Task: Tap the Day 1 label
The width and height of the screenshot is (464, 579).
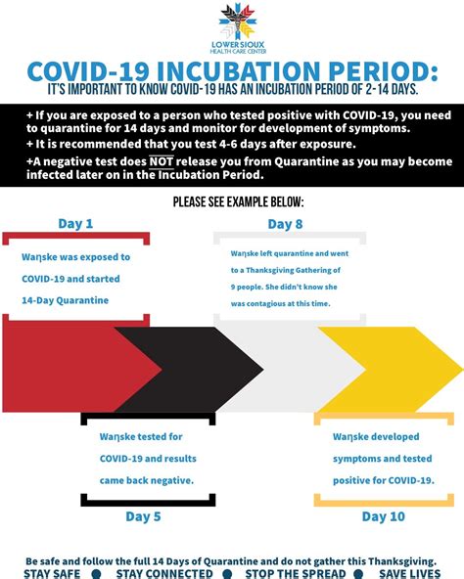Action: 75,224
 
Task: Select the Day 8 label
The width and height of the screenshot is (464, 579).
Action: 285,224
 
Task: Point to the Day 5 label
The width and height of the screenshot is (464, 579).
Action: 143,515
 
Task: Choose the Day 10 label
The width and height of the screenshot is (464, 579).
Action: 384,515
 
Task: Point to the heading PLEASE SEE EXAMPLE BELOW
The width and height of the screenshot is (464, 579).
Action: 238,201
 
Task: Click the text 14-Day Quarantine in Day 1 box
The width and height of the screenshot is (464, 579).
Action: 67,300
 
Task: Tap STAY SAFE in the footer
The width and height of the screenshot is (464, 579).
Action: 52,573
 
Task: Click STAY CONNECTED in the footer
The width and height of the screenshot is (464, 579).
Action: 163,573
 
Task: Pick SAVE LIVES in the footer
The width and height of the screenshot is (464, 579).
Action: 409,573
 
